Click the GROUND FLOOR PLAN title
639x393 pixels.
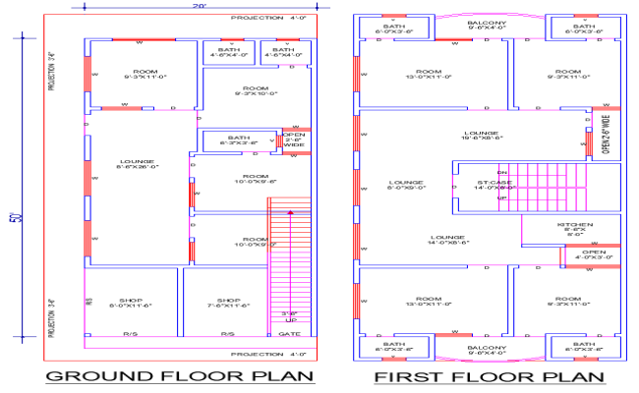(x=180, y=376)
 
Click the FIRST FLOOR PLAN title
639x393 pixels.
(x=490, y=376)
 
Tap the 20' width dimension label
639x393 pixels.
(x=200, y=7)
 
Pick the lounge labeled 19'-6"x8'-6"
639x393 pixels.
(x=483, y=136)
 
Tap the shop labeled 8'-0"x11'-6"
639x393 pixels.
(x=131, y=304)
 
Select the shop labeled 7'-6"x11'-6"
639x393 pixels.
(x=228, y=304)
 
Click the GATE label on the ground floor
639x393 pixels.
(x=290, y=334)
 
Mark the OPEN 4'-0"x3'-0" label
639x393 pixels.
(x=594, y=255)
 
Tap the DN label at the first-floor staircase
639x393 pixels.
(x=501, y=173)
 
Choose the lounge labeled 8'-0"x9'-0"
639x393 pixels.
(x=405, y=184)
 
